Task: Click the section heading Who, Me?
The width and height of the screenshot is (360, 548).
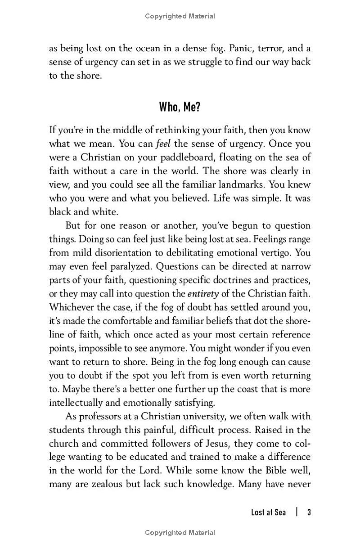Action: [x=180, y=108]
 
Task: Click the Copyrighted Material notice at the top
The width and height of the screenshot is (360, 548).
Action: [x=180, y=16]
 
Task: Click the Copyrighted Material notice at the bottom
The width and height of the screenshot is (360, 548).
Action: [x=180, y=533]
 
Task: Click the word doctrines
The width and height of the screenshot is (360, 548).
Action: [x=229, y=280]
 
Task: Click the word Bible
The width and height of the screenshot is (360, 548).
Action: [x=271, y=470]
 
